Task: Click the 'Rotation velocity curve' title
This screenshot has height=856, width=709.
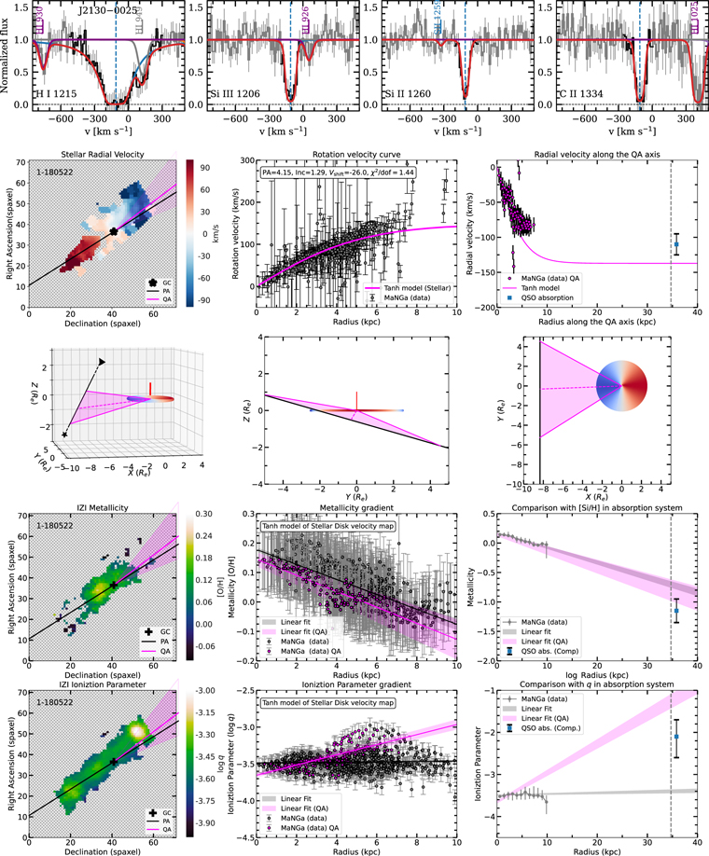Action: (355, 154)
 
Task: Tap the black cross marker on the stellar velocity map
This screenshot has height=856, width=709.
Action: (113, 230)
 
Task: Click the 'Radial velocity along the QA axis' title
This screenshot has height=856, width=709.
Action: (593, 154)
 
